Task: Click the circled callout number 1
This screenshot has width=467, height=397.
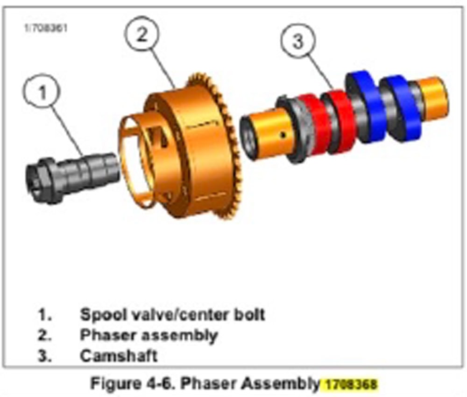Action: (42, 93)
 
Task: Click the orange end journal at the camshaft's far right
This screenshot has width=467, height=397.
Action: (434, 96)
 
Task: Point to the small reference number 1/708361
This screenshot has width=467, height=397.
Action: (45, 28)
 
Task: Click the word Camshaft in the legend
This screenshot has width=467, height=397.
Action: (118, 355)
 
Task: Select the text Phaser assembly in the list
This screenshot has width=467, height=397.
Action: (149, 335)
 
